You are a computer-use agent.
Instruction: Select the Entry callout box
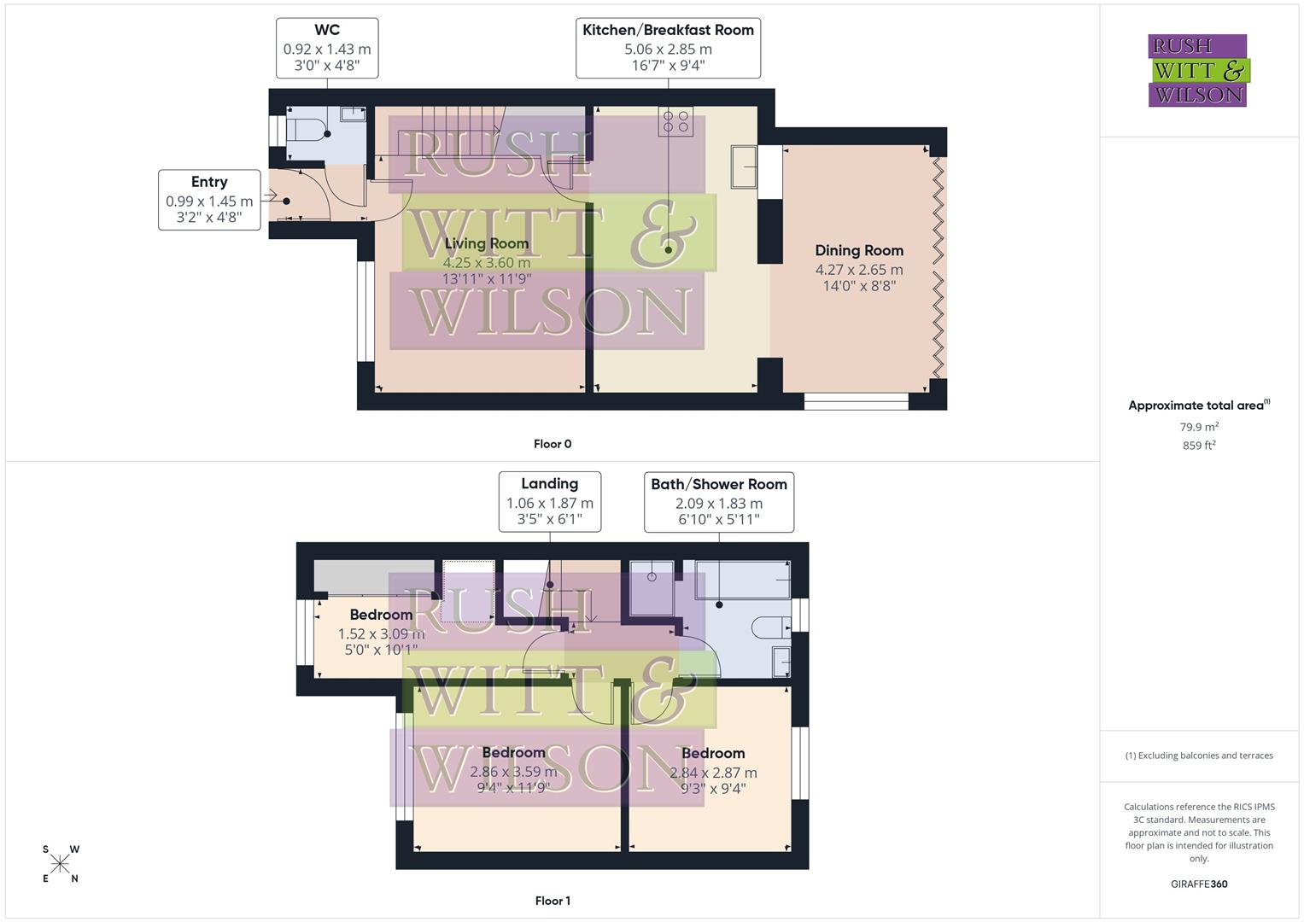209,200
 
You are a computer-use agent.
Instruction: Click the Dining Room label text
858,250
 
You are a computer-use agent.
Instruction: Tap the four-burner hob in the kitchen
675,122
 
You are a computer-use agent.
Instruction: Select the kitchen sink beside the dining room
743,166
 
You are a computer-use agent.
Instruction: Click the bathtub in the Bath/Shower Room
742,580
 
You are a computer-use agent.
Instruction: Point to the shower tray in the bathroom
652,587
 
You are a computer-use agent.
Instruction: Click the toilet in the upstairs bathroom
771,627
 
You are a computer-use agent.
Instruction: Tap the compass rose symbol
60,864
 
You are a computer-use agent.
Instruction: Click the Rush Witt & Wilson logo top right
1198,71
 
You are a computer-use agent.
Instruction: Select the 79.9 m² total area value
1198,427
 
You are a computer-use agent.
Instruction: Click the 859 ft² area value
1198,446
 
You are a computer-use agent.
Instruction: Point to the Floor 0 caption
553,444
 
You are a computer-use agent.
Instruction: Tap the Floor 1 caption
553,901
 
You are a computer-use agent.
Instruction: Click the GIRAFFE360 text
1198,884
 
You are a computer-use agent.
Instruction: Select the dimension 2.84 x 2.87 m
713,773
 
